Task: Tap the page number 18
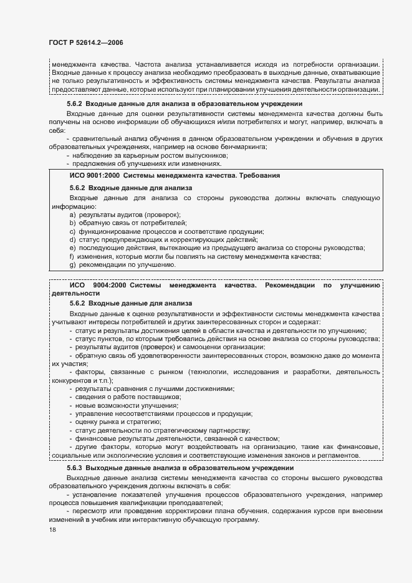coord(52,529)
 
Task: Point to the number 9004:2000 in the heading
coord(110,286)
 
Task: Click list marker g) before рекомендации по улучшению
coord(73,264)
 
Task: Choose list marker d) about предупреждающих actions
coord(73,239)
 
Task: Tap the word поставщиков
coord(159,397)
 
